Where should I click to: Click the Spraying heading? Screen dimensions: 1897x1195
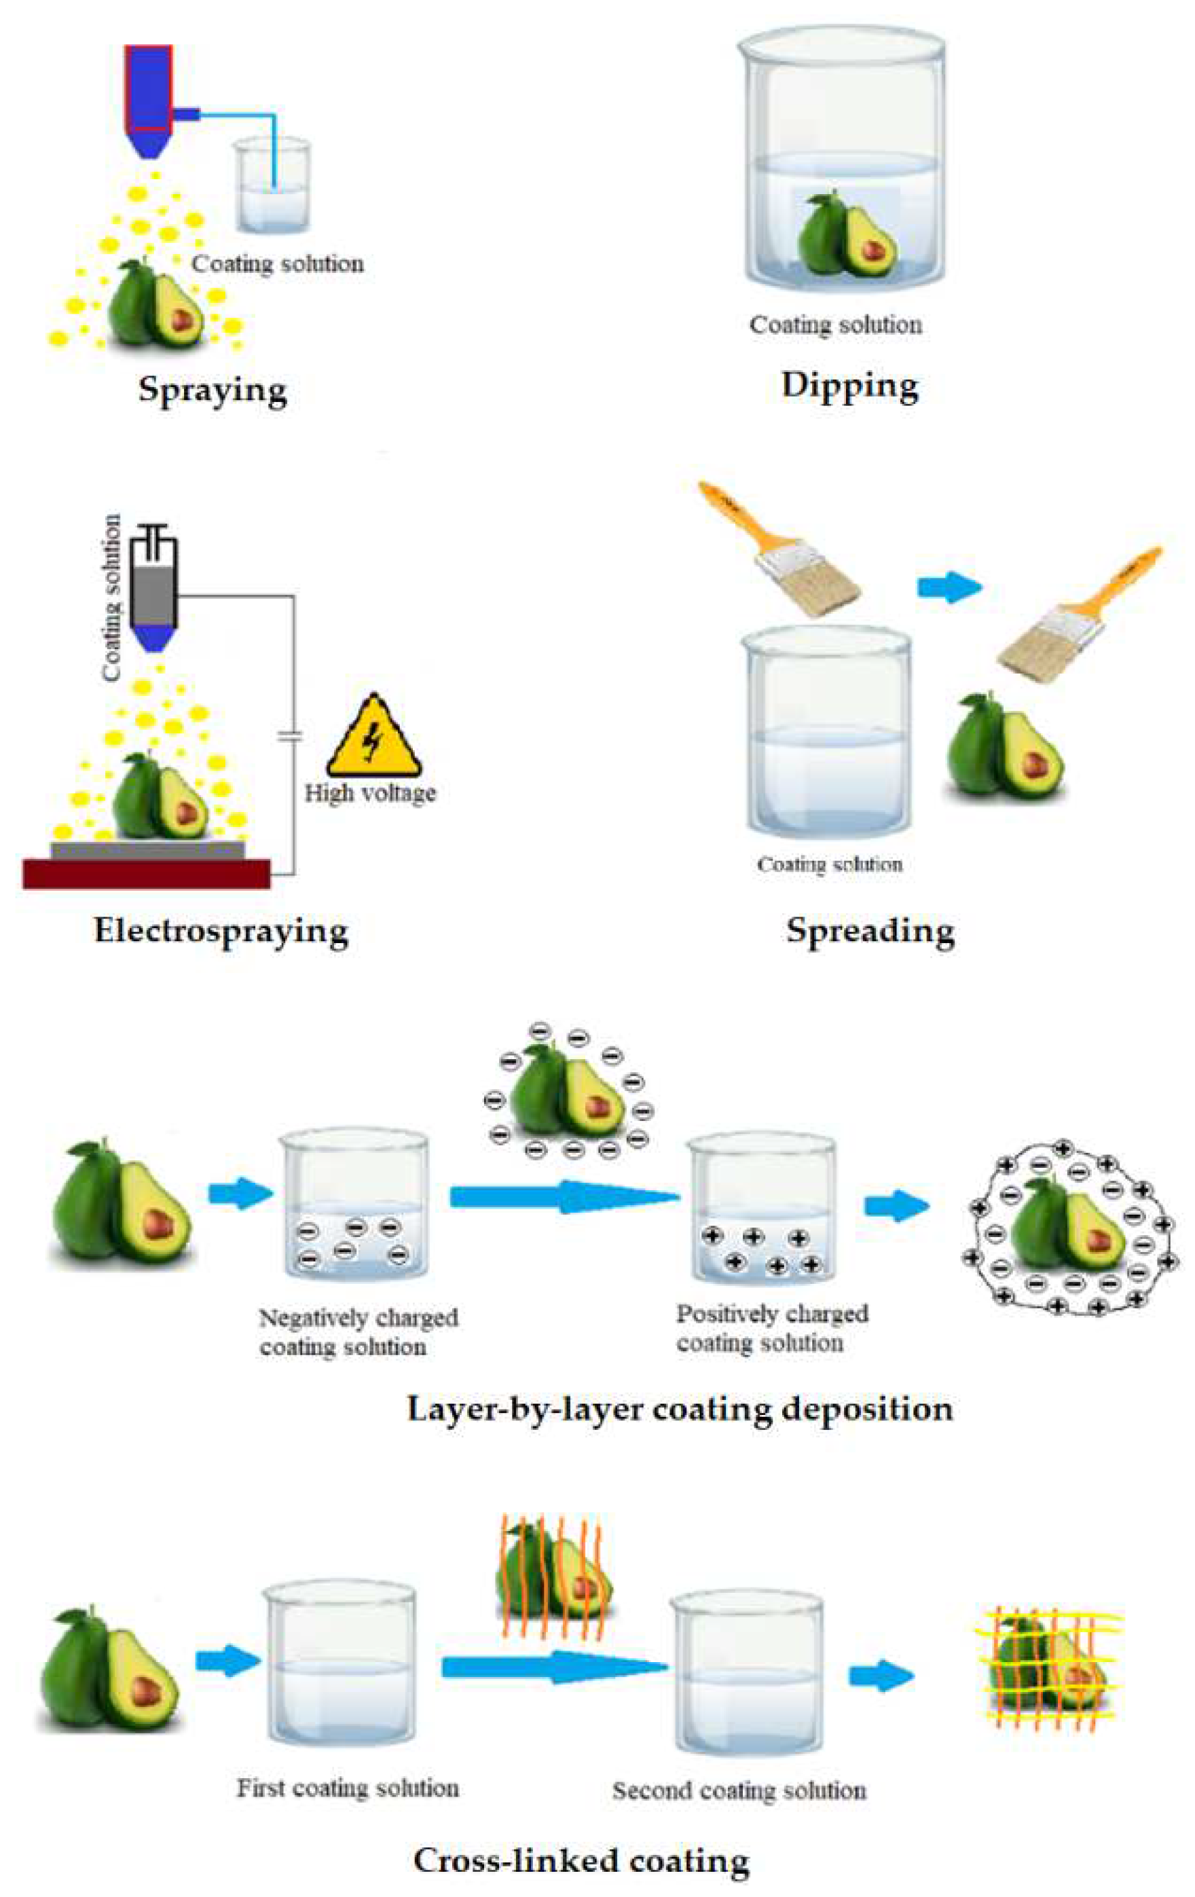(x=213, y=390)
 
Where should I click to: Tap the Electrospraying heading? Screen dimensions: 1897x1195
(x=221, y=930)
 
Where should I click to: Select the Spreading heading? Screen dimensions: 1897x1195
(x=870, y=930)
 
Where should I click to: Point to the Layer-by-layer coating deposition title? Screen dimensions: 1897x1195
(x=679, y=1407)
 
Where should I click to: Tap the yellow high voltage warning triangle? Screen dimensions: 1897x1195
(x=374, y=737)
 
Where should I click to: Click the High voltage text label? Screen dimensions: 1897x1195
(x=370, y=792)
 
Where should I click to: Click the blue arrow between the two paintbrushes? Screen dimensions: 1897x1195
(x=949, y=587)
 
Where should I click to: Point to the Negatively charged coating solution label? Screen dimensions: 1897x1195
(x=358, y=1331)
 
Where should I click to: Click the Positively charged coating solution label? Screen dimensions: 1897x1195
(x=772, y=1327)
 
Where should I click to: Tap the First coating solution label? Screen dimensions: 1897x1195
(x=348, y=1788)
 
